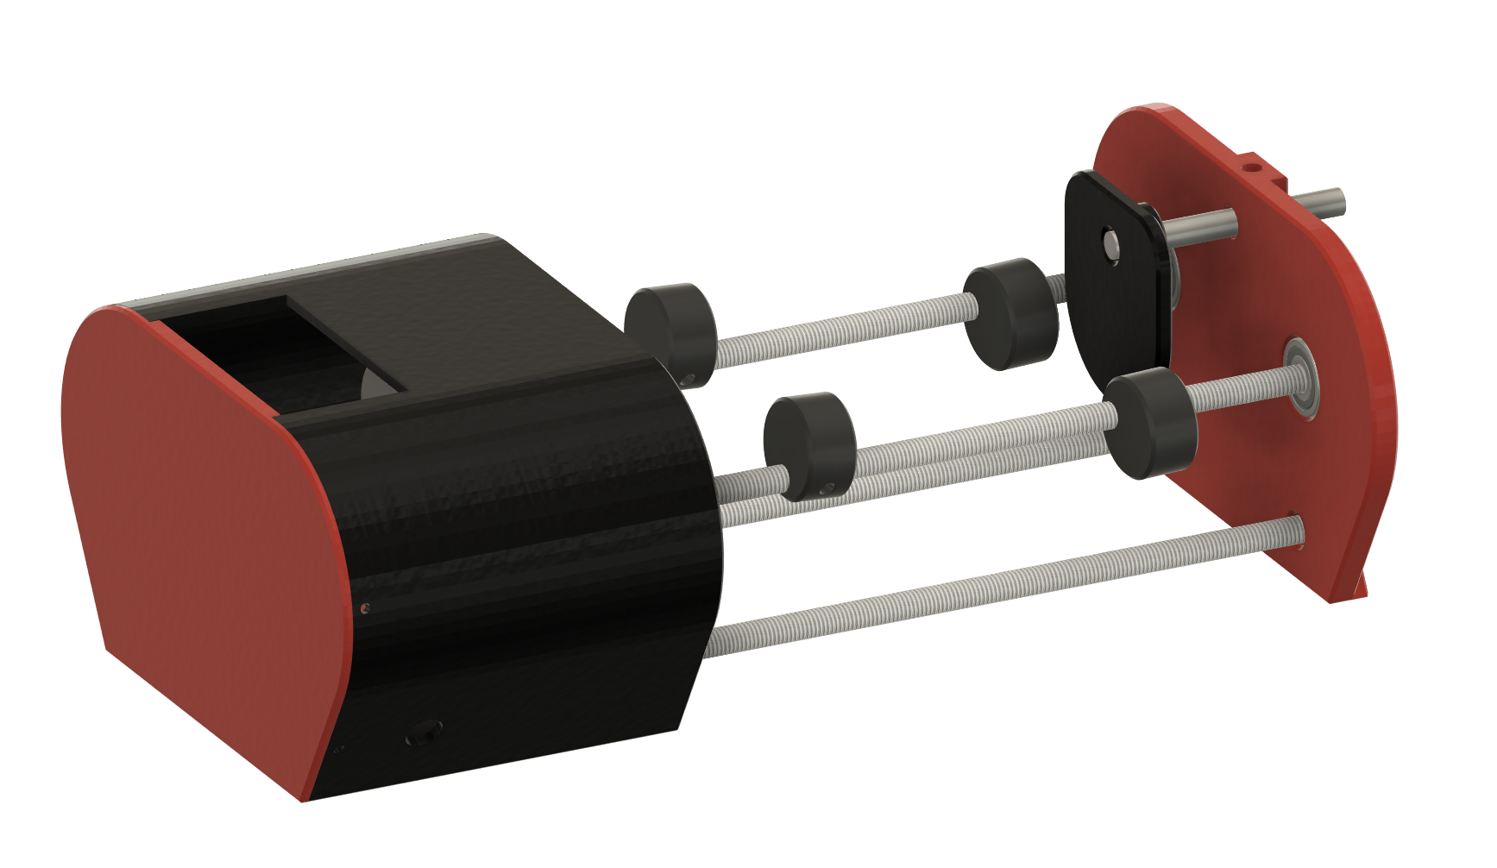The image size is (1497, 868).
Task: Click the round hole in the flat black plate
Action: pyautogui.click(x=1110, y=242)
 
